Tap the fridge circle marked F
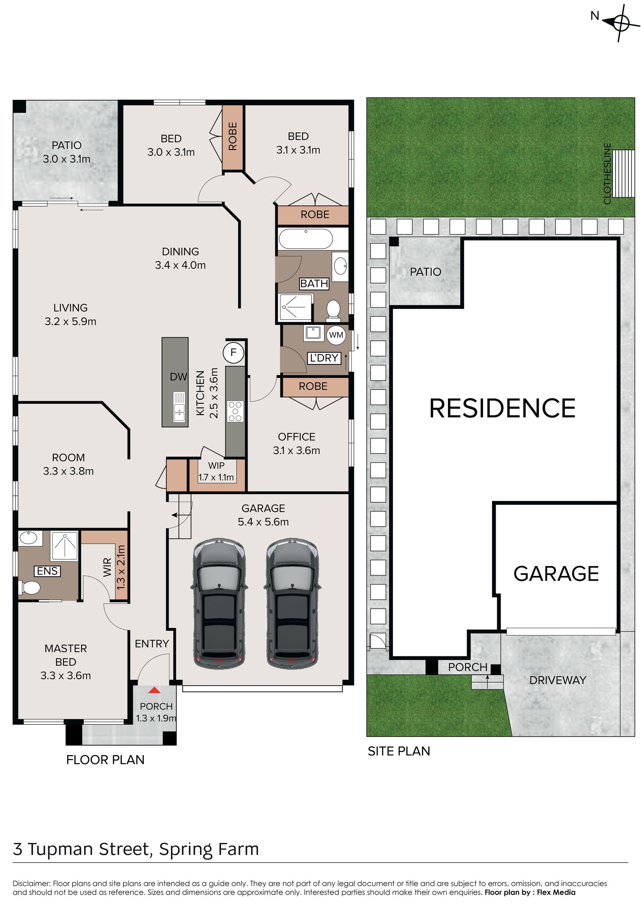(233, 352)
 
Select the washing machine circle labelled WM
(336, 335)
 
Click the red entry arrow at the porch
(154, 690)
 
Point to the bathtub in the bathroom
(306, 238)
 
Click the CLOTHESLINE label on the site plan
(607, 173)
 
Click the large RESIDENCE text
(502, 408)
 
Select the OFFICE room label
(296, 437)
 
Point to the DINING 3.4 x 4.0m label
(180, 258)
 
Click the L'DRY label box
(324, 358)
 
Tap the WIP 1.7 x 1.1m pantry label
(216, 472)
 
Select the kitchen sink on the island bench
(179, 407)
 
